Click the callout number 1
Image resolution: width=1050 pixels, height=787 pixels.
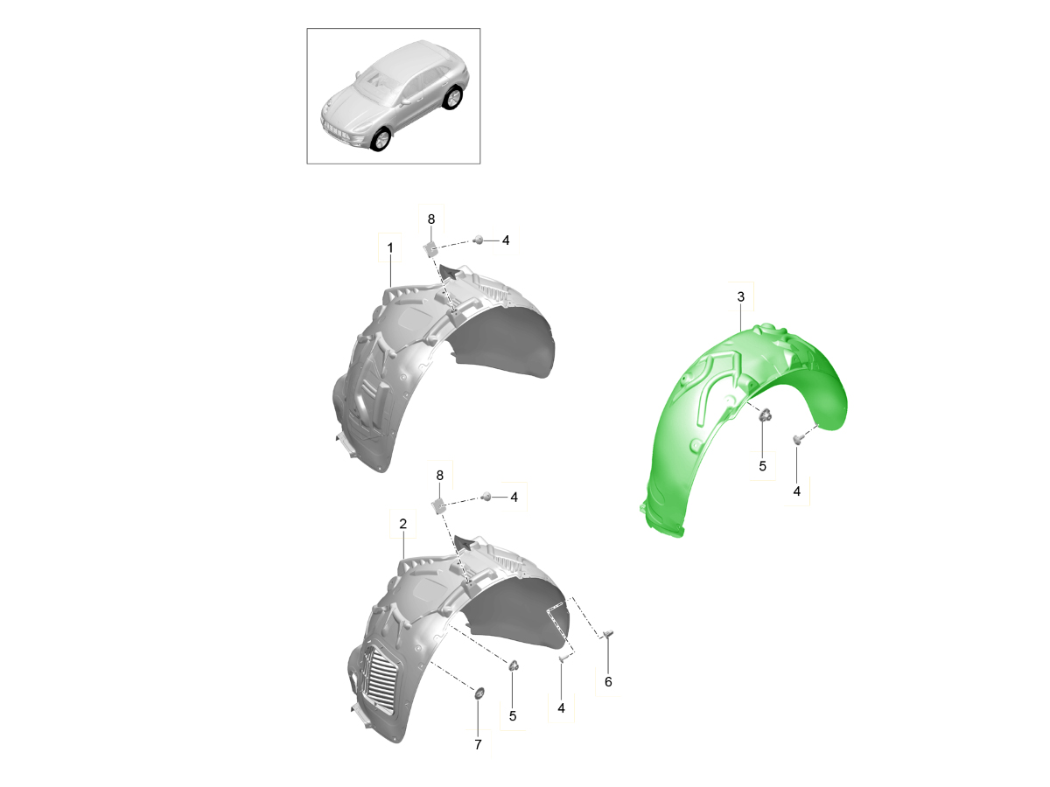[390, 248]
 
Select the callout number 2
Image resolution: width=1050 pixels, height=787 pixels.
[402, 524]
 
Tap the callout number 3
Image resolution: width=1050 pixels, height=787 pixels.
[740, 296]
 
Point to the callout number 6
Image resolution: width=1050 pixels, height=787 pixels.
[608, 682]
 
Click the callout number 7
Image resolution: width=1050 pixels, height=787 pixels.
[478, 745]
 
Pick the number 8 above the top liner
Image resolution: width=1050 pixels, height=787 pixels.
[431, 219]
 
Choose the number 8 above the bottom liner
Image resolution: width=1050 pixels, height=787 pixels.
[439, 476]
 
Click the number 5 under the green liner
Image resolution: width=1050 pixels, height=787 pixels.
[762, 466]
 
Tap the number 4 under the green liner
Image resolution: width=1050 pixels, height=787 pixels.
[796, 491]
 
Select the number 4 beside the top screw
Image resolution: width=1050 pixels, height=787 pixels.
[506, 240]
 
